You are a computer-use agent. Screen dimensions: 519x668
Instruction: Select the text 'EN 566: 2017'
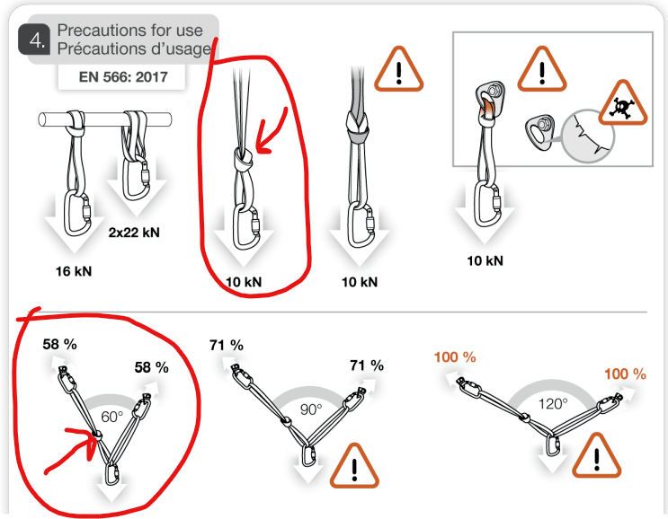pyautogui.click(x=113, y=76)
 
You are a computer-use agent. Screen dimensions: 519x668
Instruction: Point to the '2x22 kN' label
pyautogui.click(x=135, y=231)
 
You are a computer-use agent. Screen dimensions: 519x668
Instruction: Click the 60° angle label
pyautogui.click(x=110, y=418)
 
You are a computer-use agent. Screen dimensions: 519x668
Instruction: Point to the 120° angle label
pyautogui.click(x=552, y=404)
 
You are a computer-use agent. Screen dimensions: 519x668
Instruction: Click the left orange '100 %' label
pyautogui.click(x=454, y=357)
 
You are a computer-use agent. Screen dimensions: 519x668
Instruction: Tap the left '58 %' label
pyautogui.click(x=61, y=344)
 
